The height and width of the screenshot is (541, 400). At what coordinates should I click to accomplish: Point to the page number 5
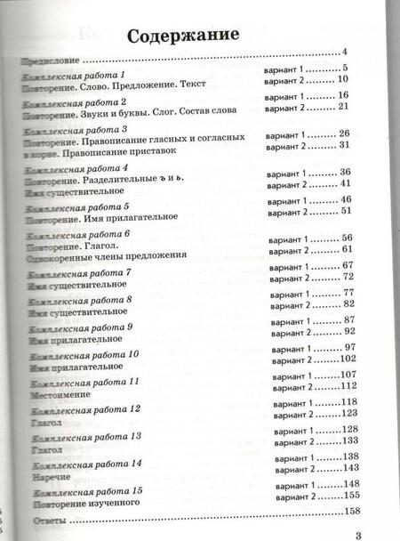click(344, 69)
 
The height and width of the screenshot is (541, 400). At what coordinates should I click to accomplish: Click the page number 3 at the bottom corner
click(359, 533)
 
